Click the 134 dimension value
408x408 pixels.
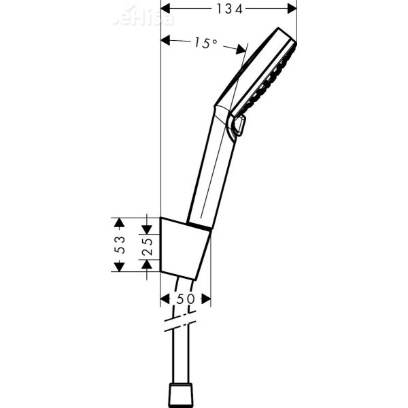point(228,9)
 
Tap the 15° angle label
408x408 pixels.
point(204,42)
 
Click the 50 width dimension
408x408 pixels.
point(185,299)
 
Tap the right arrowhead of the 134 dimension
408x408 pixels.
point(292,9)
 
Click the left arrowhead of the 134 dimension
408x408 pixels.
point(165,9)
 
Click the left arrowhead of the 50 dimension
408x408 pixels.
point(164,299)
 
